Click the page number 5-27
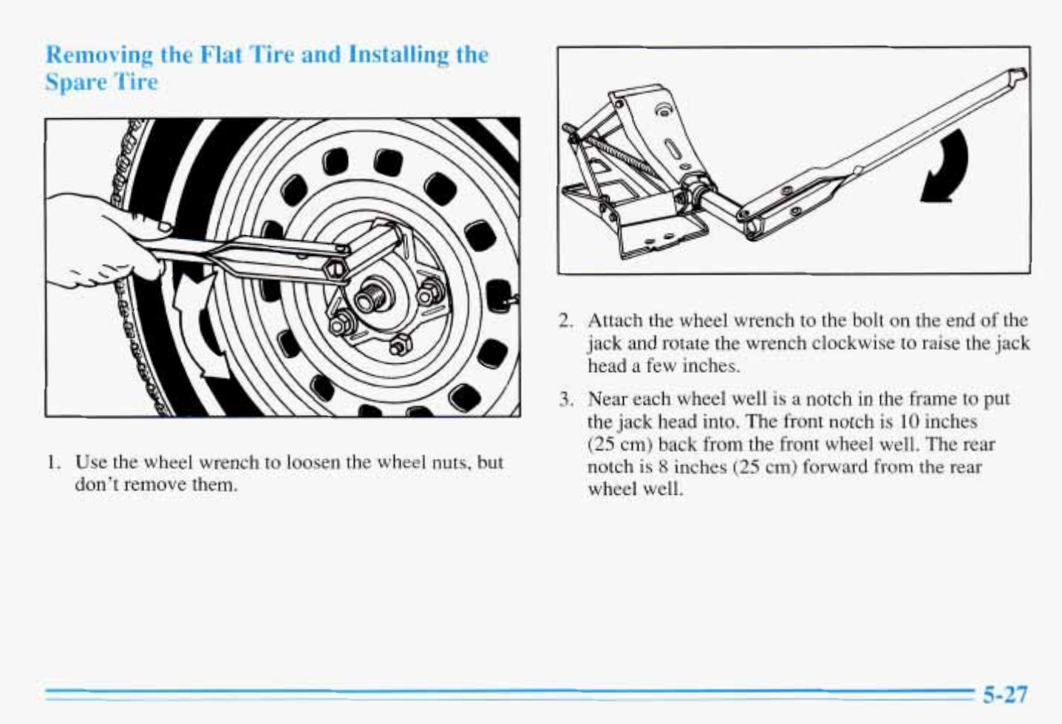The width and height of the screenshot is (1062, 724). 1004,694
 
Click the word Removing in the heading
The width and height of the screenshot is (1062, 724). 99,55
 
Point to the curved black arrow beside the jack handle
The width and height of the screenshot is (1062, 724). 947,168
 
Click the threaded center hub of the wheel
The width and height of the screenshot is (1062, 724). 367,300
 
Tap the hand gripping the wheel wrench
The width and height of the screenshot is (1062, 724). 103,244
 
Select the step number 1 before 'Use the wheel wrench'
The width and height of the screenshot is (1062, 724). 51,463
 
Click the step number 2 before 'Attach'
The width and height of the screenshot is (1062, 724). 565,321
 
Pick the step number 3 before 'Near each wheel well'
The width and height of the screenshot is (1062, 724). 565,400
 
